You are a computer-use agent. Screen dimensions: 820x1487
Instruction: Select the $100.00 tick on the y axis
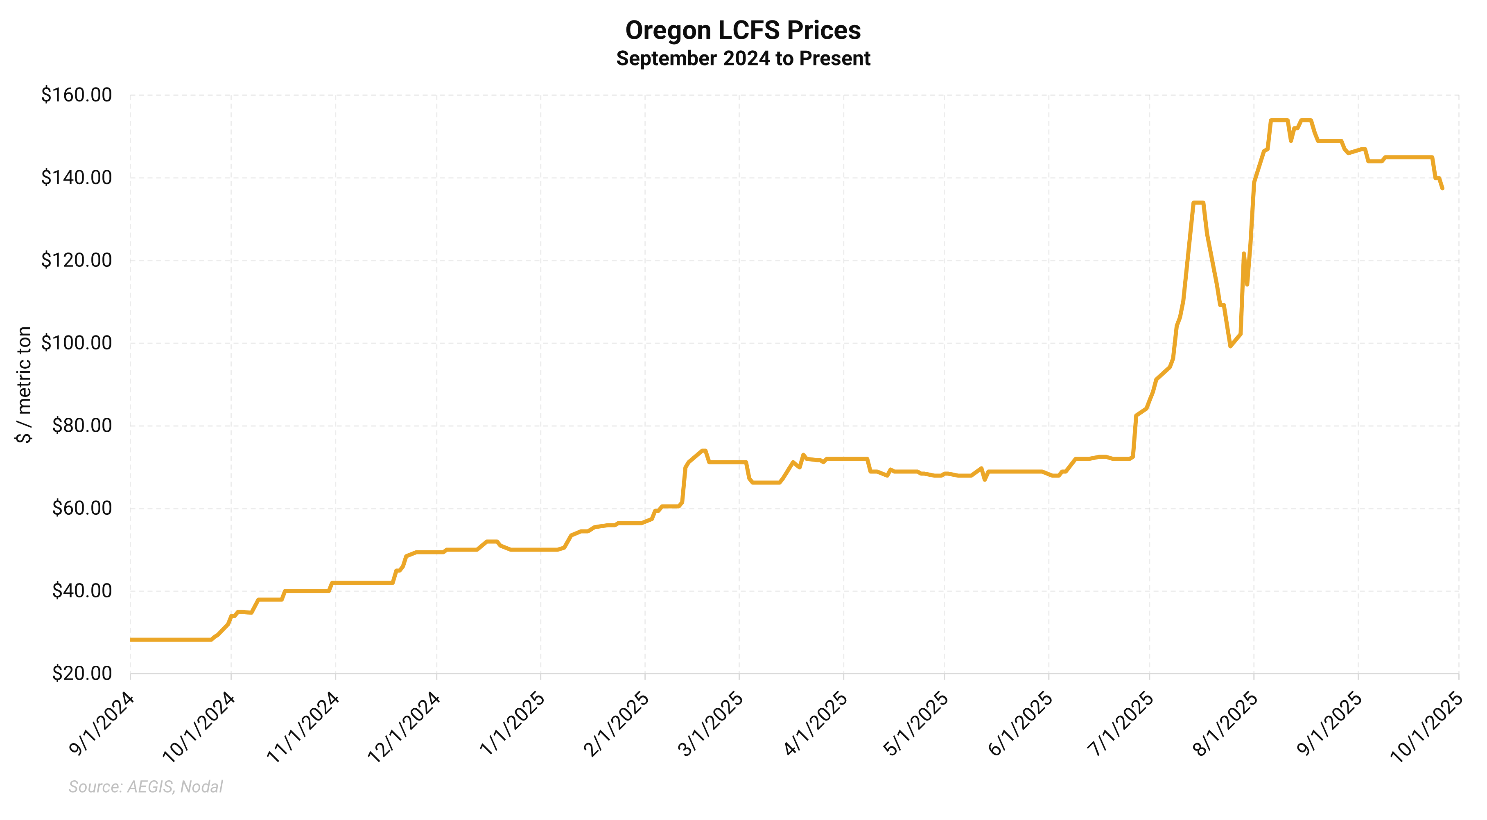(x=76, y=343)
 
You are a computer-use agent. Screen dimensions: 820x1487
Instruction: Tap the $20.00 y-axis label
(x=81, y=674)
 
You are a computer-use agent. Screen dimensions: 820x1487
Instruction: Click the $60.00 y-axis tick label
(x=81, y=508)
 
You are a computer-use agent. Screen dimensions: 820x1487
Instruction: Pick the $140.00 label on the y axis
(x=76, y=178)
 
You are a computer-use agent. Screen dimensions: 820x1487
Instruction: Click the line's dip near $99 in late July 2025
(x=1230, y=346)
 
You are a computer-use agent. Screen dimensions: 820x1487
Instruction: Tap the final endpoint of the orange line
(x=1442, y=188)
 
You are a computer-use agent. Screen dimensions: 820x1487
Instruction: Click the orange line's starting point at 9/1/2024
(x=131, y=640)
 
